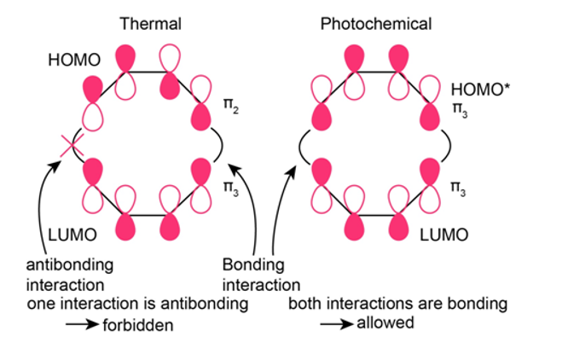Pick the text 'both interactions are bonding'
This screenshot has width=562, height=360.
[398, 304]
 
